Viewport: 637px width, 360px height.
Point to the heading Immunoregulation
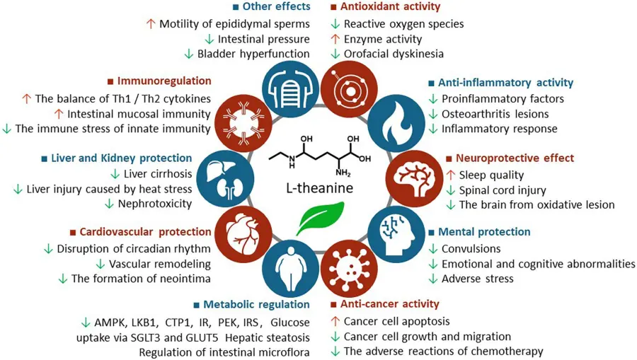pos(164,81)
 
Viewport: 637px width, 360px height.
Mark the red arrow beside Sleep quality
pos(450,175)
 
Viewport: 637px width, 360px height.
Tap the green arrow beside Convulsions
pos(432,249)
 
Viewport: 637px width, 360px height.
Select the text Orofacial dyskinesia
pos(394,54)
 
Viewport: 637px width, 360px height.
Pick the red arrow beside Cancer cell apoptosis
pos(335,322)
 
